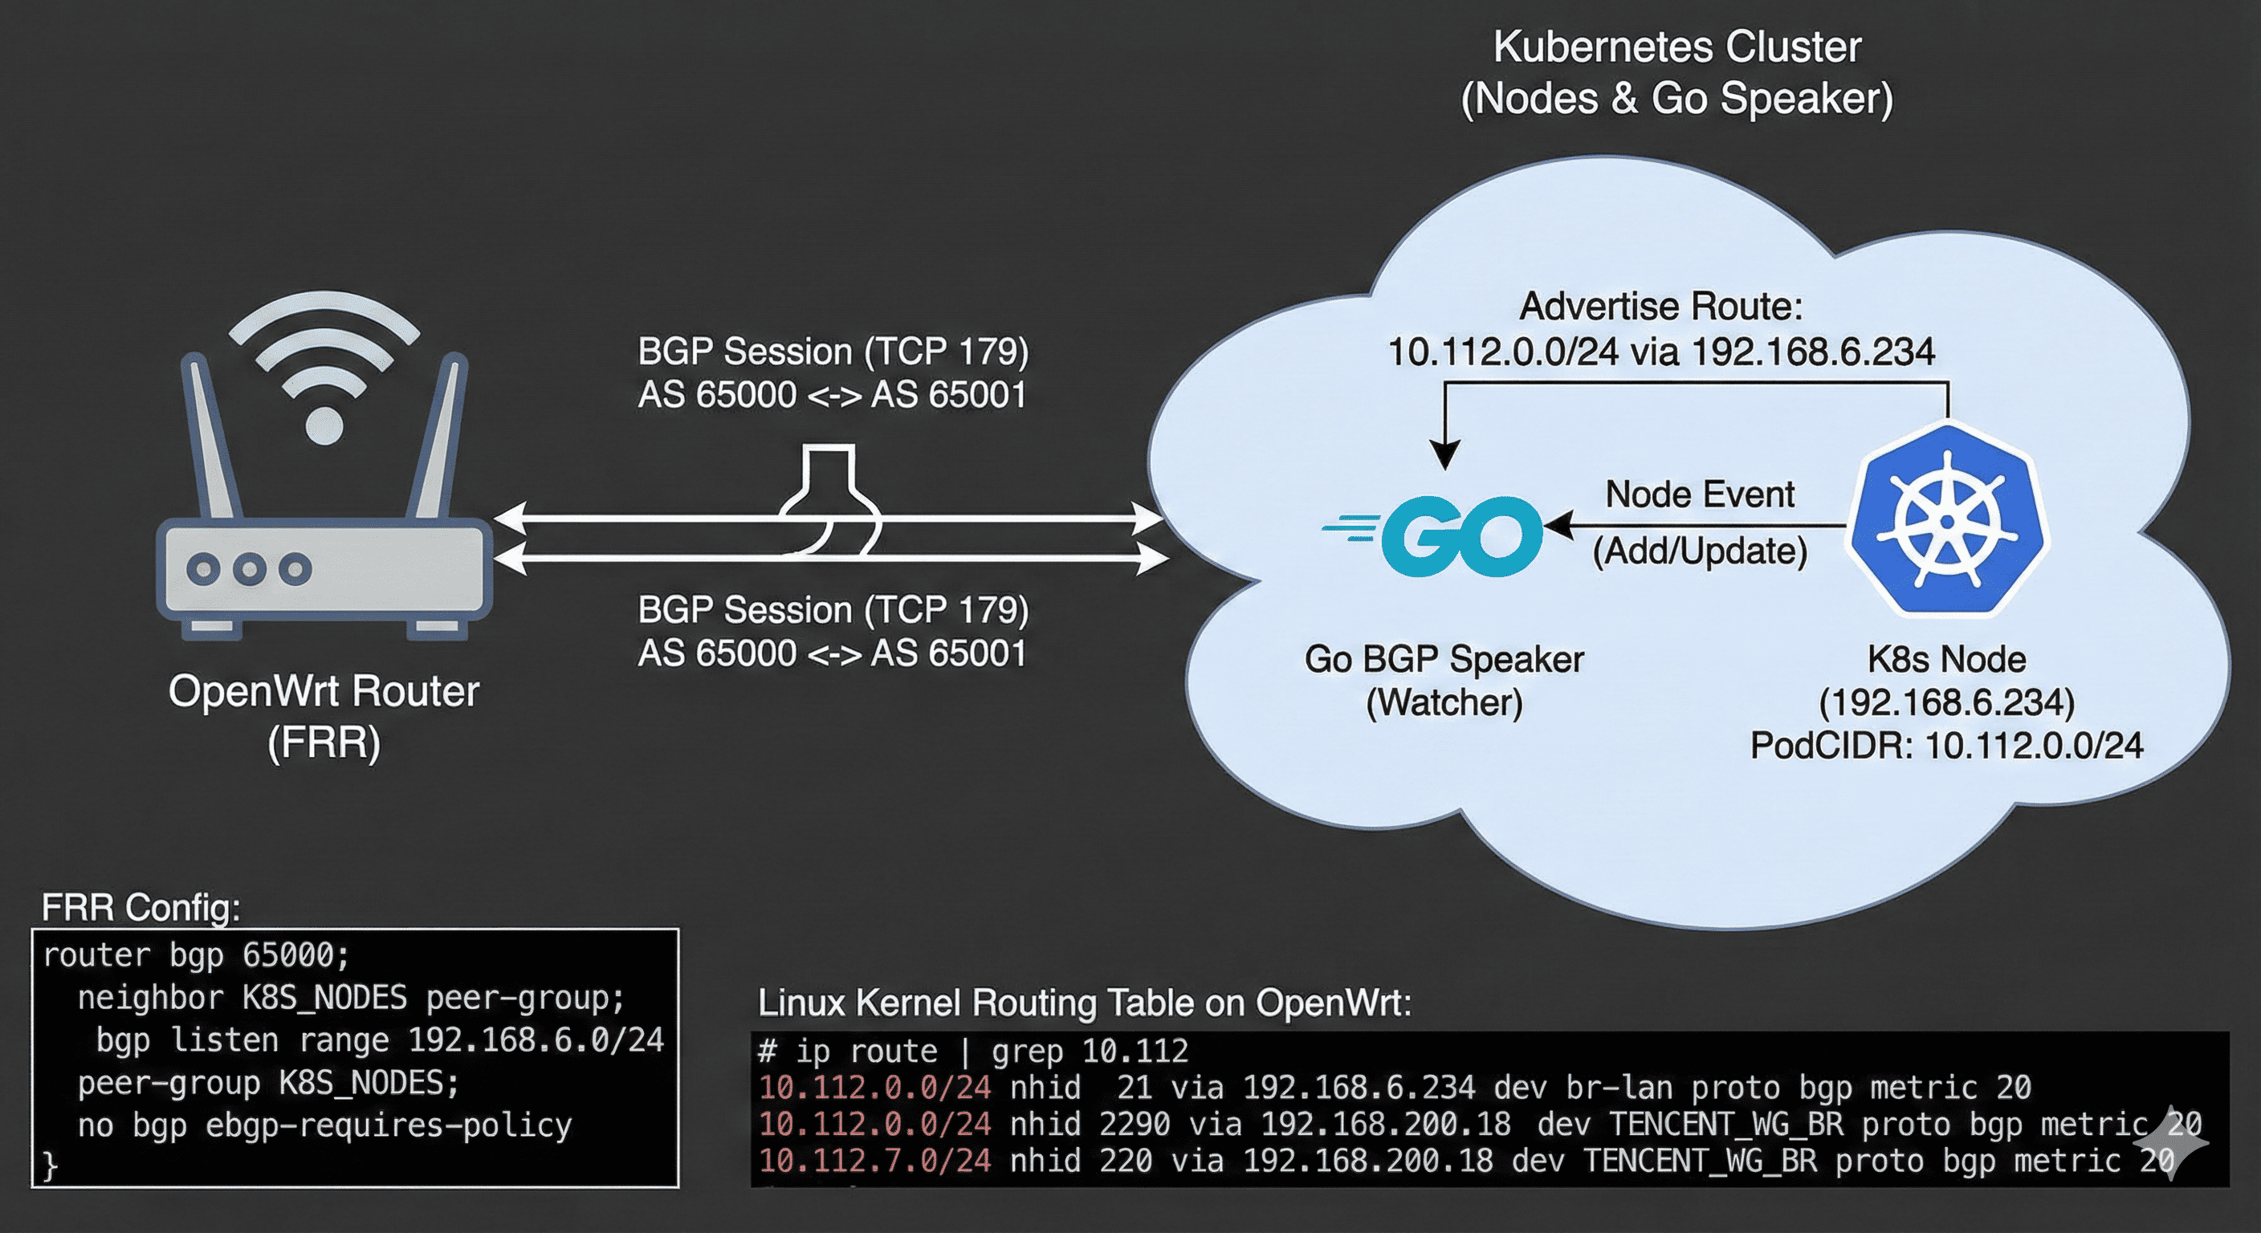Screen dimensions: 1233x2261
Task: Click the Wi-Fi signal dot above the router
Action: click(x=323, y=425)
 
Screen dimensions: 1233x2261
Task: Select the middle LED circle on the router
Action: click(x=249, y=568)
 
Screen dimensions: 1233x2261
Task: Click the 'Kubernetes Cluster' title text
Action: click(x=1676, y=47)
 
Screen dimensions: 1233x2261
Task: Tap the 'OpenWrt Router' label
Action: click(x=323, y=691)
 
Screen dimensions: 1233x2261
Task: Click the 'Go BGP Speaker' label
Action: click(x=1444, y=659)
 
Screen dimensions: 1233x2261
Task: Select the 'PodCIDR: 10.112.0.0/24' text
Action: click(x=1946, y=746)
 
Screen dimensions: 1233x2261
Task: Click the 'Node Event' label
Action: click(x=1699, y=495)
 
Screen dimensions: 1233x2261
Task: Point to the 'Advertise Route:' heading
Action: click(x=1660, y=307)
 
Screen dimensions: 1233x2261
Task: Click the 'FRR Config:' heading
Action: click(x=141, y=907)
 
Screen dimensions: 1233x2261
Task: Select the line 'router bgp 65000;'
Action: click(x=196, y=954)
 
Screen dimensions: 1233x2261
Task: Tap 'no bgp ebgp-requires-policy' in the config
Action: click(x=324, y=1125)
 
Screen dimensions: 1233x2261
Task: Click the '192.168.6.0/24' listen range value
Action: click(x=536, y=1040)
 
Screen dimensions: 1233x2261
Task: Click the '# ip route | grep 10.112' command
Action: click(x=972, y=1051)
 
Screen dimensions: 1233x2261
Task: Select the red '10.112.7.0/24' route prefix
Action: click(x=874, y=1160)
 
